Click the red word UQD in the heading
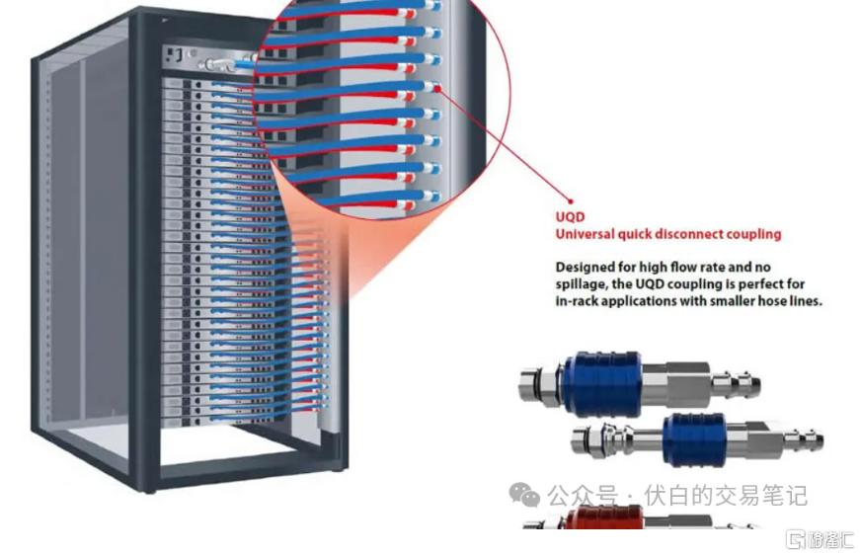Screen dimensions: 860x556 pyautogui.click(x=570, y=217)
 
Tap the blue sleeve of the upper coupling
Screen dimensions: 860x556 pyautogui.click(x=600, y=383)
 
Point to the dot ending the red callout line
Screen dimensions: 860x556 pyautogui.click(x=571, y=201)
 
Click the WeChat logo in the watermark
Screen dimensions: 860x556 pyautogui.click(x=524, y=495)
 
